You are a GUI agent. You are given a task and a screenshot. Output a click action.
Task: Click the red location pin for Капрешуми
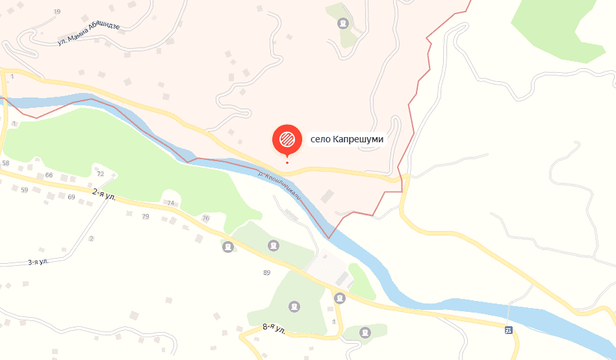point(287,138)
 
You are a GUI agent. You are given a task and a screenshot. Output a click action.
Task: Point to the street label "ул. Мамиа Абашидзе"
point(89,33)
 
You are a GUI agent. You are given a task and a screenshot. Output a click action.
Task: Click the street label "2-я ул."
point(104,194)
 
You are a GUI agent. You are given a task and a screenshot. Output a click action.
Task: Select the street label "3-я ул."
point(38,262)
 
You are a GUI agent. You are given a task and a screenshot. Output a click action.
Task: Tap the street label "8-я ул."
point(274,329)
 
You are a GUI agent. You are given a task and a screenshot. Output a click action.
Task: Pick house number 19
point(57,12)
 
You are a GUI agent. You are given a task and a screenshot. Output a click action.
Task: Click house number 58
point(6,163)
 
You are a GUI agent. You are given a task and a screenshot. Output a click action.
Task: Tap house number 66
point(49,175)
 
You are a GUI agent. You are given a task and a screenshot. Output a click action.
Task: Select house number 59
point(25,190)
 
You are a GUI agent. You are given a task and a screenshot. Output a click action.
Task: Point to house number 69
point(71,196)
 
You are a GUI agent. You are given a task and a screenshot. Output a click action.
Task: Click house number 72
point(100,174)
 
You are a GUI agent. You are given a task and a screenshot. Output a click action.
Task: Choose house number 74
point(171,203)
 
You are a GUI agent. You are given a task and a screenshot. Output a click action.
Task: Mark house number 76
point(206,218)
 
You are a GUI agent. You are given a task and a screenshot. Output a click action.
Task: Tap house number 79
point(145,216)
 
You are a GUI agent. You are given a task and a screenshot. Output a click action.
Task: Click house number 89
point(266,272)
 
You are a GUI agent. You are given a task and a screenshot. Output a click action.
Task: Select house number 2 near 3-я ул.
point(91,238)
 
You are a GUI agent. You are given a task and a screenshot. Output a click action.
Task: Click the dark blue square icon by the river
point(508,330)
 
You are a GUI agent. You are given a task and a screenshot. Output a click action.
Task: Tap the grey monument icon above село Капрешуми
point(342,24)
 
